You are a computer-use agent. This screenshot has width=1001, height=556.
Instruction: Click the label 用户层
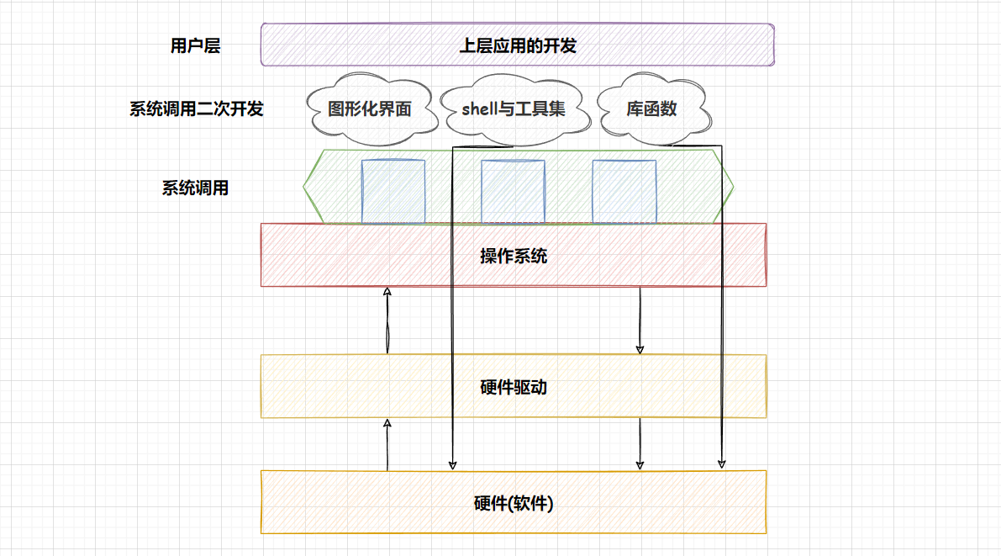[195, 46]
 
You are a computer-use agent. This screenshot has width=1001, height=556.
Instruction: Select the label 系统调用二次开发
[196, 109]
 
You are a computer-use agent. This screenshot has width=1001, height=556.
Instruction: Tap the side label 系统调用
[195, 188]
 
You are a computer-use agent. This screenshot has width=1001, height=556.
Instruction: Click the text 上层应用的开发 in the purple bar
[518, 46]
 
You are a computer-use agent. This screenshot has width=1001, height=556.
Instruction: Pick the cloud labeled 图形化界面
[370, 109]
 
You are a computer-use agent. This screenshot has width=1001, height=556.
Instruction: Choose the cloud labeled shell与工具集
[514, 109]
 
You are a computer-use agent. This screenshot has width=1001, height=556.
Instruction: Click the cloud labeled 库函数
[651, 109]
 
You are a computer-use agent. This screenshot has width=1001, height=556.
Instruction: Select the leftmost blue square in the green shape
[393, 191]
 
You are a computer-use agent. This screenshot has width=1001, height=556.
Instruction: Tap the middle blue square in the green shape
[513, 191]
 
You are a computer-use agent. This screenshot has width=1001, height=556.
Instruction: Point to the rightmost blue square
[624, 191]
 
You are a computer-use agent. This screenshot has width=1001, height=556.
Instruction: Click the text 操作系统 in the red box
[514, 256]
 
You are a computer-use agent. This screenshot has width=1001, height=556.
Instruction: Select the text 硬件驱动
[514, 388]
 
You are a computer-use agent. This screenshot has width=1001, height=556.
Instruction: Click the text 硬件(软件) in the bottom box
[514, 504]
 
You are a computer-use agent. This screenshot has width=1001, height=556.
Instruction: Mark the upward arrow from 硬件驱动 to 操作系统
[387, 320]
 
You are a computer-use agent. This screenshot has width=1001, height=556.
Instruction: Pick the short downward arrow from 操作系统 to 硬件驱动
[640, 320]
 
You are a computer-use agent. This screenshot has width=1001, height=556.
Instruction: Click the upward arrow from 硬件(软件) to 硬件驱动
[387, 444]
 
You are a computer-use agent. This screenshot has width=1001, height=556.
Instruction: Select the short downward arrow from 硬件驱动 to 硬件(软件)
[640, 444]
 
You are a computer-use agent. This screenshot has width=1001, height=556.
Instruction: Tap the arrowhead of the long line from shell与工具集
[452, 463]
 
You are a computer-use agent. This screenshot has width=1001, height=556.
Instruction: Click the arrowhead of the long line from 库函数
[721, 463]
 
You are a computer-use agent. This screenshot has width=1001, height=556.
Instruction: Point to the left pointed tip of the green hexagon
[304, 187]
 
